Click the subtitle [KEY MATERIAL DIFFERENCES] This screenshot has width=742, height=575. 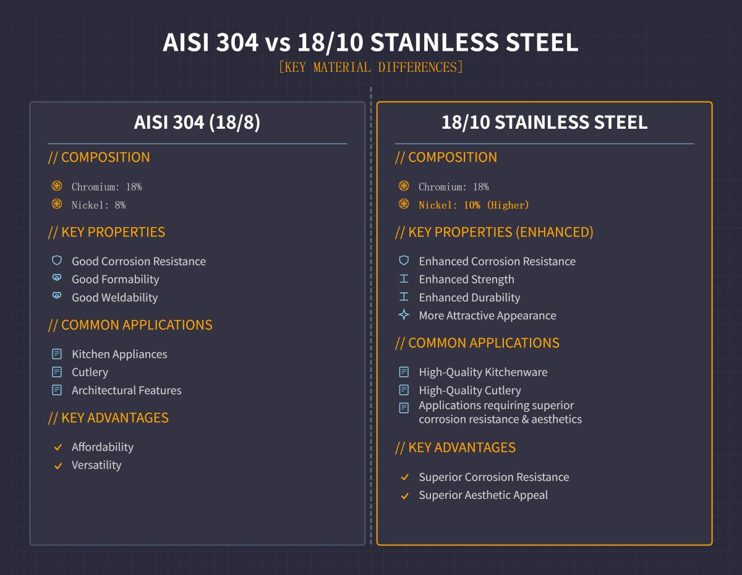click(x=370, y=67)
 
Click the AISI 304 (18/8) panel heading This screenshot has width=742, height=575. click(x=197, y=123)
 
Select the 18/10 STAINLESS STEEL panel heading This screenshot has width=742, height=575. click(x=544, y=123)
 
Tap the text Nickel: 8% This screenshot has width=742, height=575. click(x=98, y=205)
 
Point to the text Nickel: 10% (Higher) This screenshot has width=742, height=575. click(x=474, y=205)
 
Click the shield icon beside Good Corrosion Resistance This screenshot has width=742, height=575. click(x=57, y=261)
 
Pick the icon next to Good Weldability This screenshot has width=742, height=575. click(x=57, y=296)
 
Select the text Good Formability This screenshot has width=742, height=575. click(x=115, y=279)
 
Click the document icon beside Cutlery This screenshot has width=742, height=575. click(x=57, y=372)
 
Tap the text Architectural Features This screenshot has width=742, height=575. click(x=126, y=391)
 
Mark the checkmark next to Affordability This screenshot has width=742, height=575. click(x=58, y=447)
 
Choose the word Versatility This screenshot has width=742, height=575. click(x=96, y=465)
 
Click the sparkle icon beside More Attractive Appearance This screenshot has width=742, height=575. click(x=404, y=315)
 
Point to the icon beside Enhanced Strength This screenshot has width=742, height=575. click(x=404, y=279)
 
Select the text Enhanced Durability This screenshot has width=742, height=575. click(x=469, y=298)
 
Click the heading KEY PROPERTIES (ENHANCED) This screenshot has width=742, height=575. click(x=494, y=232)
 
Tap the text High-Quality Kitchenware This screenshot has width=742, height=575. click(x=483, y=372)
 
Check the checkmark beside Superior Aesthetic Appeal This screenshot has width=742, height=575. click(x=404, y=496)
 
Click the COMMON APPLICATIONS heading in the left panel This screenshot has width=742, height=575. click(x=130, y=325)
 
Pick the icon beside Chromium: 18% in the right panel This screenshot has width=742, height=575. click(x=404, y=186)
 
